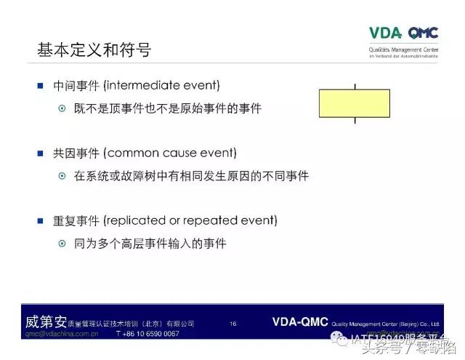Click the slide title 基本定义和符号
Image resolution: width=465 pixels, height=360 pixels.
(x=94, y=50)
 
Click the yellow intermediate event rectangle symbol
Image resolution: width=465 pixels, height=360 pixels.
(x=355, y=103)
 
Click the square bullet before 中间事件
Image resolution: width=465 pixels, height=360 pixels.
(x=41, y=85)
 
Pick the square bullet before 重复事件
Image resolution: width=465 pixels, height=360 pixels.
(x=41, y=219)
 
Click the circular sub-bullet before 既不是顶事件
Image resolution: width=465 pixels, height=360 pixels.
(x=62, y=108)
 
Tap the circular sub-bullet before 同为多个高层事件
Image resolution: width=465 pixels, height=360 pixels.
(x=62, y=243)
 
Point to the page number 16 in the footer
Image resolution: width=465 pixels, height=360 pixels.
(x=233, y=323)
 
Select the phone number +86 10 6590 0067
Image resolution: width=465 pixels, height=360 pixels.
(x=147, y=334)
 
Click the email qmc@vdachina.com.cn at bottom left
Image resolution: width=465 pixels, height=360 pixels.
(x=62, y=334)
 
